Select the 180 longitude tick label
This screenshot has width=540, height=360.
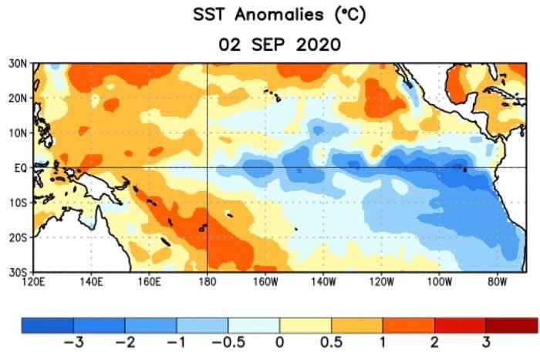208,282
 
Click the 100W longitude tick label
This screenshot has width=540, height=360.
439,282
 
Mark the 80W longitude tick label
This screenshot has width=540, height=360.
497,282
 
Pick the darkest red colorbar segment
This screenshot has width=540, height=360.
512,325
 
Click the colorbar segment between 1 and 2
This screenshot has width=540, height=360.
409,325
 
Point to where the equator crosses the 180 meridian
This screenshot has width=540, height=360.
208,167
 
